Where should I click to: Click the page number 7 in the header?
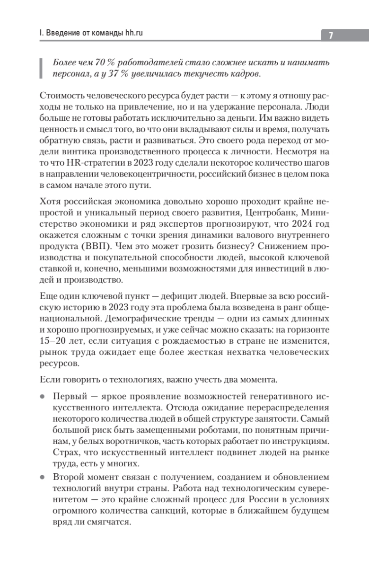(331, 35)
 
